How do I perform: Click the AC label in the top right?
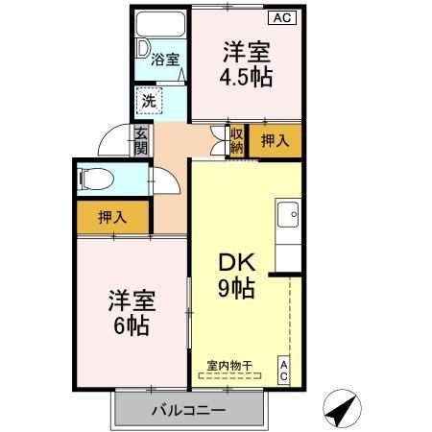click(x=284, y=16)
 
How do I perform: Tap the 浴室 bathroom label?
click(x=165, y=60)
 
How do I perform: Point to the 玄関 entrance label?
click(x=141, y=141)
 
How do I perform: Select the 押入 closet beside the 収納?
click(x=275, y=140)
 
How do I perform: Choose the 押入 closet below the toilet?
click(x=112, y=217)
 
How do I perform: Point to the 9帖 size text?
click(x=235, y=288)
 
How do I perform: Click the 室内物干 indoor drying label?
click(x=228, y=366)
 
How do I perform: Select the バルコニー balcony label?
click(x=187, y=411)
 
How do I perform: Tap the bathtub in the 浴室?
click(x=161, y=26)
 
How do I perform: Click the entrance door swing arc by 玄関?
click(x=113, y=142)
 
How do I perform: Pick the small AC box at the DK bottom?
click(x=284, y=372)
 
